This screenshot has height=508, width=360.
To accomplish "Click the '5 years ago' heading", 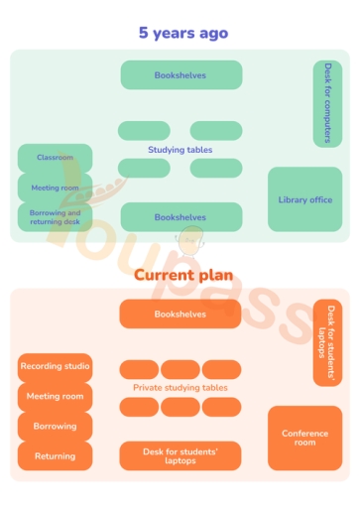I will (182, 33).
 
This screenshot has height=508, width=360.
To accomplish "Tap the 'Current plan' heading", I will (182, 275).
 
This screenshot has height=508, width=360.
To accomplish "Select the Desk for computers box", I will (327, 103).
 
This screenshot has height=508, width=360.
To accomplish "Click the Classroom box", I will (55, 158).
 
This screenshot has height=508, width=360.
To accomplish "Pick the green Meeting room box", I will (55, 187).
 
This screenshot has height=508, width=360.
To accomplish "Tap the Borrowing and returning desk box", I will (55, 217).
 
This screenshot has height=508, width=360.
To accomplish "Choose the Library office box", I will (304, 199).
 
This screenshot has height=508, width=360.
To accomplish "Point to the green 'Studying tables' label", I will (180, 150).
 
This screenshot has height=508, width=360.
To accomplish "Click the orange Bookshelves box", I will (180, 314).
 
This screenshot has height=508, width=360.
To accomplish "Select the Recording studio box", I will (55, 367).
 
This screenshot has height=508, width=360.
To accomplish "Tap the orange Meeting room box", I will (55, 397).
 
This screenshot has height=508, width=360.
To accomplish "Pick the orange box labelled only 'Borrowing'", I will (55, 427).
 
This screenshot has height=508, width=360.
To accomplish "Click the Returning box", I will (55, 456).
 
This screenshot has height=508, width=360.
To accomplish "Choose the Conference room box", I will (304, 438).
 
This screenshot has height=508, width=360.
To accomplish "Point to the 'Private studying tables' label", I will (180, 388).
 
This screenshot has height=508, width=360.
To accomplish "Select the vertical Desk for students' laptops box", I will (327, 342).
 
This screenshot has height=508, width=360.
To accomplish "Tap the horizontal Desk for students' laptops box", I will (180, 456).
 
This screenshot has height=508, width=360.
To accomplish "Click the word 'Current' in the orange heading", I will (162, 275).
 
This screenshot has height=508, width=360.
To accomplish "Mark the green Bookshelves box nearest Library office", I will (180, 217).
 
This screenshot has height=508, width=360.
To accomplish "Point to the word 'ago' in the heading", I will (211, 34).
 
